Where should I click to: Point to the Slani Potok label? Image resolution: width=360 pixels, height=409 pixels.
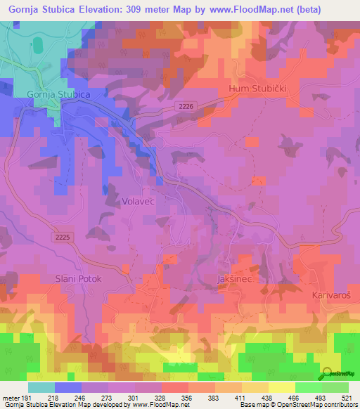[79, 279]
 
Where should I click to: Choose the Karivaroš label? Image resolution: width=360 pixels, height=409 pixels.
[332, 296]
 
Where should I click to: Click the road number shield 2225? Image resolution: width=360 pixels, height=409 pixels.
[61, 238]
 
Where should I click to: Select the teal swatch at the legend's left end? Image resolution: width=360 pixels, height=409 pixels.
[41, 387]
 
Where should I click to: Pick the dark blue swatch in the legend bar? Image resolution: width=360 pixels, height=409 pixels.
[68, 387]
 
